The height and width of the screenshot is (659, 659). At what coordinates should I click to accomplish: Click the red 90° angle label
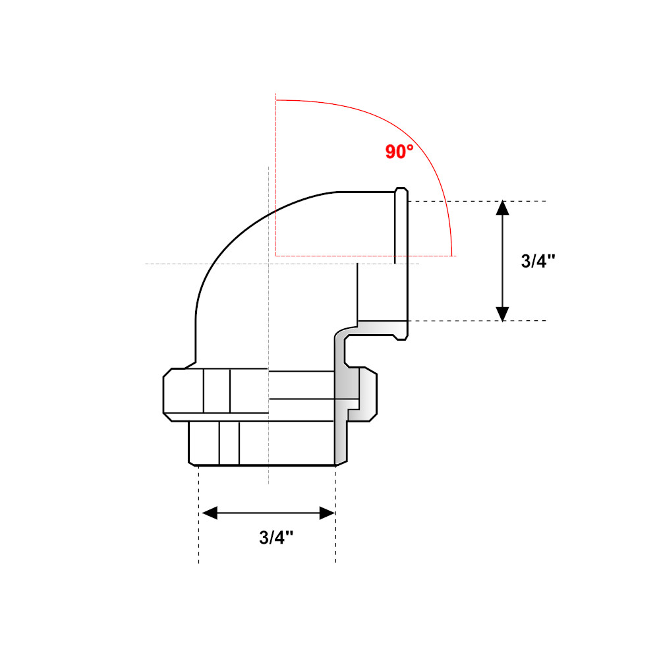pos(399,152)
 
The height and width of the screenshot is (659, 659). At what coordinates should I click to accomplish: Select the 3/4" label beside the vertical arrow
pos(538,261)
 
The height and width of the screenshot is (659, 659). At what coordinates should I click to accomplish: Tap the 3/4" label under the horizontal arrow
pos(276,537)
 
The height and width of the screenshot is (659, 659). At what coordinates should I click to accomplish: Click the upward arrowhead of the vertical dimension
pos(502,208)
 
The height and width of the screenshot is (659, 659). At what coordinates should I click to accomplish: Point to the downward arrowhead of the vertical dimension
pos(502,314)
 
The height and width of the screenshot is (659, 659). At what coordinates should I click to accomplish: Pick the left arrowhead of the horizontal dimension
pos(210,513)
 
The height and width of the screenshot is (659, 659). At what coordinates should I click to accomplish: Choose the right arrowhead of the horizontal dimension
pos(328,513)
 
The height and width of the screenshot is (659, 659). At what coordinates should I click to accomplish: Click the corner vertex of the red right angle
pos(276,254)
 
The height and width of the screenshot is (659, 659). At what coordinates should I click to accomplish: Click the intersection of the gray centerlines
pos(268,264)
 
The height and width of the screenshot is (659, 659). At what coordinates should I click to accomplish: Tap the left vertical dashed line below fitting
pos(199,527)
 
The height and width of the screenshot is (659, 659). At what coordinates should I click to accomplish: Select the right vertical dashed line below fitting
pos(336,527)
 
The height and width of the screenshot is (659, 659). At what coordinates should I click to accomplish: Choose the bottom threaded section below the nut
pos(264,443)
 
